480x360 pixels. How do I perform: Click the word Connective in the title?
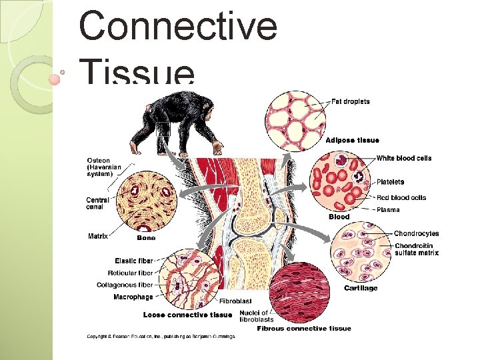pos(177,27)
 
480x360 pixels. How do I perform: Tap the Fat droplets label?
pos(351,102)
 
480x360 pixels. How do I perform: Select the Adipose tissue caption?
pos(352,140)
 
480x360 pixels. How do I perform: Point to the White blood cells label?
pos(404,158)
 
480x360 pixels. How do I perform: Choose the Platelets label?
pos(390,182)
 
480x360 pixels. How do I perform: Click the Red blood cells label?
pos(401,197)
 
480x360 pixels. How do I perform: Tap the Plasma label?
pos(388,209)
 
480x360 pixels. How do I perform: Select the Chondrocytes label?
pos(416,234)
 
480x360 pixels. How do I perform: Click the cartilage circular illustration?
pos(360,257)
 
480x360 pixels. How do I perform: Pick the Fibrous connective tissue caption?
pos(304,328)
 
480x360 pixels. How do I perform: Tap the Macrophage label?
pos(133,297)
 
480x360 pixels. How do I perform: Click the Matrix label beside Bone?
pos(98,236)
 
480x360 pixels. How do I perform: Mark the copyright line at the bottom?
pos(161,337)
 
